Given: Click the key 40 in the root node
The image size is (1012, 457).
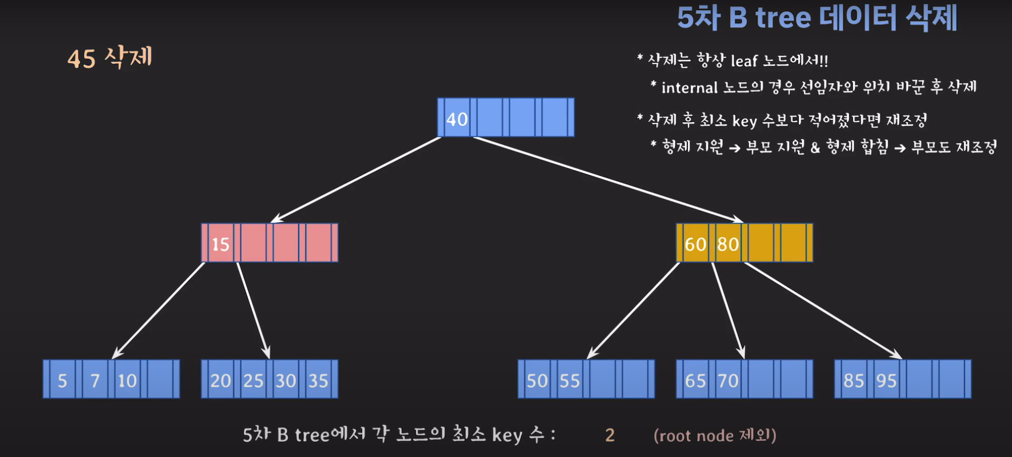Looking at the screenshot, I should tap(457, 119).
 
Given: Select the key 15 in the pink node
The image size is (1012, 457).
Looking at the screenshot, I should tap(220, 244).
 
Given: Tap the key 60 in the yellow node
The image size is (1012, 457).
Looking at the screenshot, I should tap(695, 244).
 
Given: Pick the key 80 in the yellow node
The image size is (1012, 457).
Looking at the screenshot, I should tap(728, 244).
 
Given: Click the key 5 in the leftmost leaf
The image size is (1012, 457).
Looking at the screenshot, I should tap(62, 380).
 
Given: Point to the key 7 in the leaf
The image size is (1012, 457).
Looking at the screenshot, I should tap(95, 380).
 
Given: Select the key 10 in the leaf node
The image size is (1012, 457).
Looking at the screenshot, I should tap(127, 380).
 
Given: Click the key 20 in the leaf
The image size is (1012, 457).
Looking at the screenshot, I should tap(220, 380).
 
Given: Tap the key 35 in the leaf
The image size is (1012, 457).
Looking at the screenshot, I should tap(318, 380).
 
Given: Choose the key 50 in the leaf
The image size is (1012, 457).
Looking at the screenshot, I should tap(537, 380).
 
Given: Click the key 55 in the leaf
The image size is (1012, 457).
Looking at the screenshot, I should tap(570, 380).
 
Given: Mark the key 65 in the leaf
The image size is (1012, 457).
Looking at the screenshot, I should tap(695, 380).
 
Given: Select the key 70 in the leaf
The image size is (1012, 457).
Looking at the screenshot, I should tap(728, 380).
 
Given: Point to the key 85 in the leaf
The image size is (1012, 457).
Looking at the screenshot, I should tap(854, 380).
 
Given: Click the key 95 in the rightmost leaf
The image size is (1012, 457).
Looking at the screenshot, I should tap(886, 380).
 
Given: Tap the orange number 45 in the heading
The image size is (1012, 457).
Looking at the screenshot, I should tap(81, 59).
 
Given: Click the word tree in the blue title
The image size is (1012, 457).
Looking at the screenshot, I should tap(783, 18).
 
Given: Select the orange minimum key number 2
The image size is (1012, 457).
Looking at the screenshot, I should tap(610, 435).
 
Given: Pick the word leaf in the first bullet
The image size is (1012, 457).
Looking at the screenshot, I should tap(744, 61).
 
